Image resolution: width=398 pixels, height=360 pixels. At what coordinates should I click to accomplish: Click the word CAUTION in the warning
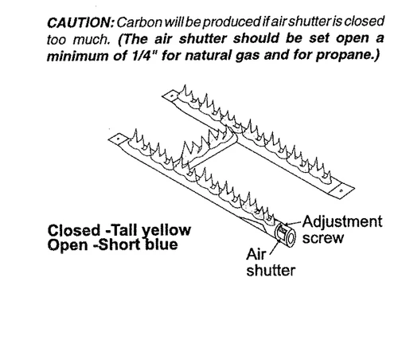coord(80,22)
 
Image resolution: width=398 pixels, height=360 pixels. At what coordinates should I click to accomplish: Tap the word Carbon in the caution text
coord(139,22)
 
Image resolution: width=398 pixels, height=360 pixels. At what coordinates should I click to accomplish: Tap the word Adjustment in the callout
coord(342,222)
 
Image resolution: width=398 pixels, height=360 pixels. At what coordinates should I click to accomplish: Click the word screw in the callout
coord(323,238)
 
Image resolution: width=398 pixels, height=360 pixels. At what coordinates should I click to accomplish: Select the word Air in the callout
coord(256,254)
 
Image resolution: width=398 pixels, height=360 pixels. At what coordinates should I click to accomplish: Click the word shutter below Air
coord(271,271)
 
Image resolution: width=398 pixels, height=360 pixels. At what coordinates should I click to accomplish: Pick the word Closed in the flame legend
coord(74,230)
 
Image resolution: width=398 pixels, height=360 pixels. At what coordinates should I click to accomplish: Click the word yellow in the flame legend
coord(166,231)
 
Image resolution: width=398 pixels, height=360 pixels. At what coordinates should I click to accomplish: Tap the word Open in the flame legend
coord(68,245)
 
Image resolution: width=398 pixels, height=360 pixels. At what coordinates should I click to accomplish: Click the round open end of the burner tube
coord(291,237)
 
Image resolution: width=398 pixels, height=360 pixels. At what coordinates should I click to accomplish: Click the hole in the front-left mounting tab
coord(116,139)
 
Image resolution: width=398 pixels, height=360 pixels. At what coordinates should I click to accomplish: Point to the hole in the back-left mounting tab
coord(172,96)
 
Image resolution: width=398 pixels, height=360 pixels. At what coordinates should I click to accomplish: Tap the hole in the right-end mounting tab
coord(341,190)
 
